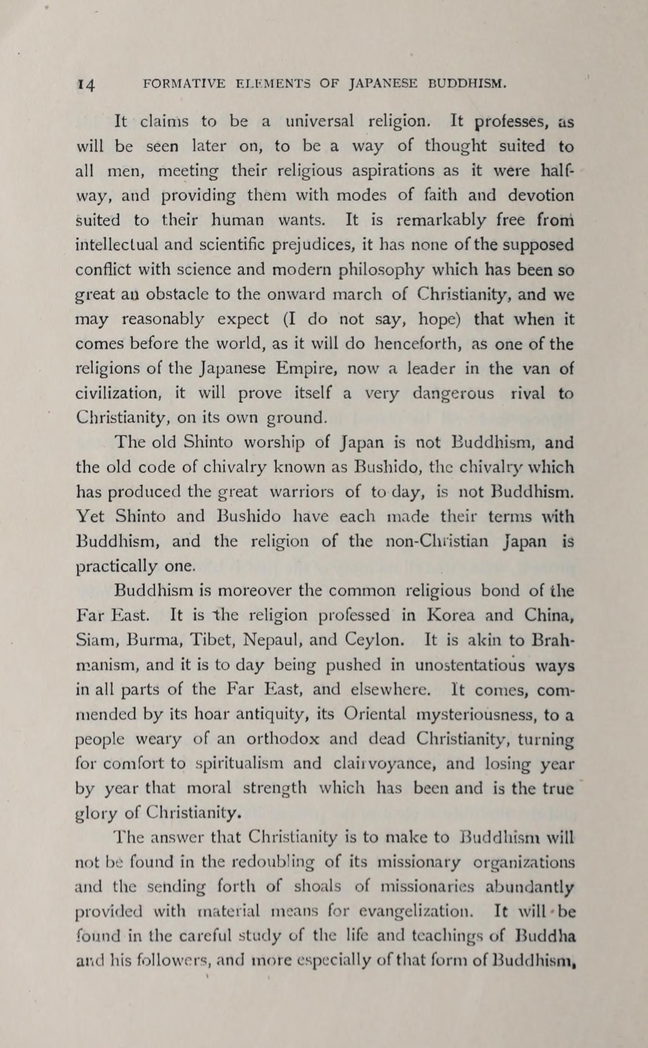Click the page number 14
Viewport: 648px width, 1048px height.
click(86, 85)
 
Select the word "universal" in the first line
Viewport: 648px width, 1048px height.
click(320, 122)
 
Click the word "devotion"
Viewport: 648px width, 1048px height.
click(540, 195)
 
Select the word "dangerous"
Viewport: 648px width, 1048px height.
click(453, 393)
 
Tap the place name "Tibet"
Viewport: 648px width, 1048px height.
click(211, 640)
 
